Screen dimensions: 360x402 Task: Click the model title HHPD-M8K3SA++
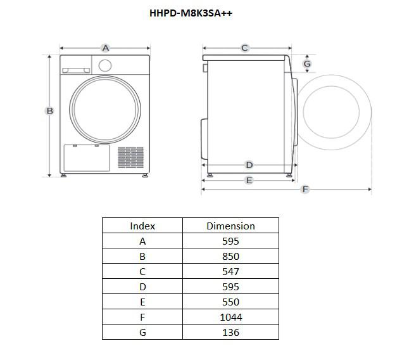(191, 13)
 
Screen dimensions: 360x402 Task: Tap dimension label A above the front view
(106, 48)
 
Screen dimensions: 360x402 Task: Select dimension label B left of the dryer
(50, 111)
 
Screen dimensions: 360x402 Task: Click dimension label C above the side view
(245, 48)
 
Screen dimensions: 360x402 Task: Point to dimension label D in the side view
(249, 165)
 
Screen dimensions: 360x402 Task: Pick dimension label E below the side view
(249, 181)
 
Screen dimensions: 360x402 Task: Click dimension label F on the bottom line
(305, 190)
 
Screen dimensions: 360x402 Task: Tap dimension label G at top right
(307, 64)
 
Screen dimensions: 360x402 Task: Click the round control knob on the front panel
(105, 65)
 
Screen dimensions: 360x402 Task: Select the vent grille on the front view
(130, 158)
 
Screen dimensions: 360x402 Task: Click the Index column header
(142, 226)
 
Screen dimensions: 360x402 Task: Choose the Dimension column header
(230, 226)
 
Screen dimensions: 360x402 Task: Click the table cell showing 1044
(230, 317)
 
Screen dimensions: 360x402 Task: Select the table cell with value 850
(230, 256)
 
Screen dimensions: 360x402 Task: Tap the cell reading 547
(230, 271)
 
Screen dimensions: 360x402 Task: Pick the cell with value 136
(230, 332)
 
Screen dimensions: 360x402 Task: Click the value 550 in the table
(230, 302)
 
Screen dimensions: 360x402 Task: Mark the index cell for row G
(142, 332)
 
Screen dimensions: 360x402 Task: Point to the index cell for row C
(142, 271)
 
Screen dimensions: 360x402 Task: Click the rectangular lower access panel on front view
(87, 158)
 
